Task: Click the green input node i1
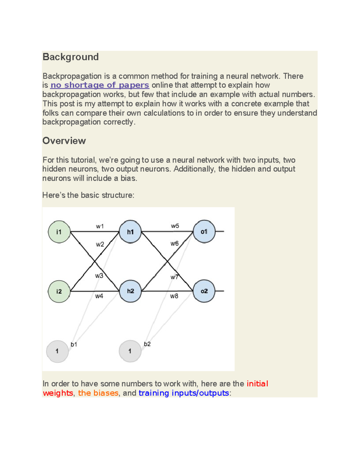[x=59, y=232]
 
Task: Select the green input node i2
[x=59, y=291]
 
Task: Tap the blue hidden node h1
[x=130, y=232]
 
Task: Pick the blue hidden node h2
[x=130, y=291]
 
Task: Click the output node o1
[x=204, y=232]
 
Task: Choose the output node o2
[x=204, y=291]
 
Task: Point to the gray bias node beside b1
[x=57, y=351]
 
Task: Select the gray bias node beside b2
[x=130, y=351]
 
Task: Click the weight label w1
[x=100, y=226]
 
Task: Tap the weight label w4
[x=99, y=296]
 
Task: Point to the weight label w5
[x=175, y=226]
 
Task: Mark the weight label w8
[x=174, y=296]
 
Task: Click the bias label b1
[x=74, y=344]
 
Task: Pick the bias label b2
[x=147, y=344]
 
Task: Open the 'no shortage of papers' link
[x=100, y=85]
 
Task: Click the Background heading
[x=70, y=57]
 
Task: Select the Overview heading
[x=64, y=141]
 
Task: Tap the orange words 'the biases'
[x=98, y=393]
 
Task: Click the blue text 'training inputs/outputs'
[x=184, y=393]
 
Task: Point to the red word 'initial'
[x=257, y=384]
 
